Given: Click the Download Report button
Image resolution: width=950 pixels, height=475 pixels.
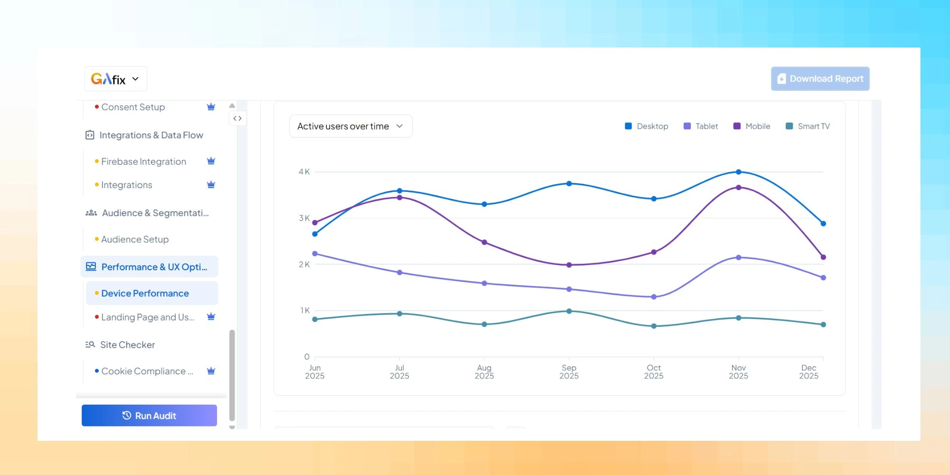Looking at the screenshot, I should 820,79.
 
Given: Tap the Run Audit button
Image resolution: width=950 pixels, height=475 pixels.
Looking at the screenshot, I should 149,416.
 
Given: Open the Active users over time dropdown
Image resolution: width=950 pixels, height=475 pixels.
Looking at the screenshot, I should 351,126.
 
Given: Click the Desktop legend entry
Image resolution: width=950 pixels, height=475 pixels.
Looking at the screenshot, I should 646,126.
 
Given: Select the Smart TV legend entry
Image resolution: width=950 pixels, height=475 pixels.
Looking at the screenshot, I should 807,126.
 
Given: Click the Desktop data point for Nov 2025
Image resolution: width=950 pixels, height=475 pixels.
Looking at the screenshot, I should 738,172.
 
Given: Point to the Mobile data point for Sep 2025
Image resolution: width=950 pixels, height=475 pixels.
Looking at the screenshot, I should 569,265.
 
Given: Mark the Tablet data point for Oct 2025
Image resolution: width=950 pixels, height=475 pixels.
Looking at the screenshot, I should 654,297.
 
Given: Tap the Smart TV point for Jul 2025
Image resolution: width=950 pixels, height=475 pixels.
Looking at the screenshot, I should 399,313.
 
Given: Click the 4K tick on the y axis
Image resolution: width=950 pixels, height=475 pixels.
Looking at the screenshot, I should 304,172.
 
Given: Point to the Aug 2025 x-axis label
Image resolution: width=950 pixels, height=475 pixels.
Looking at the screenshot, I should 484,372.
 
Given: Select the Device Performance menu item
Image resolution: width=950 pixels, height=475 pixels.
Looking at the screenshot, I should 145,294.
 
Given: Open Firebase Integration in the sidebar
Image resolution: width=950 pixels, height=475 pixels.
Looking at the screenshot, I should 143,161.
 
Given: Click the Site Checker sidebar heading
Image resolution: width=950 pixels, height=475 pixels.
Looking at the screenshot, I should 127,345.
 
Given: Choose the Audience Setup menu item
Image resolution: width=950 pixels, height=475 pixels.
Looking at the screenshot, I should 135,239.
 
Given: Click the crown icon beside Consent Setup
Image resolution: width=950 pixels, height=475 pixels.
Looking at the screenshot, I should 211,107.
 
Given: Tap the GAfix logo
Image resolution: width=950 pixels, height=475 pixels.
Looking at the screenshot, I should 108,79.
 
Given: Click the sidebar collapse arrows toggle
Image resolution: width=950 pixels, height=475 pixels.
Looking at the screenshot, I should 237,118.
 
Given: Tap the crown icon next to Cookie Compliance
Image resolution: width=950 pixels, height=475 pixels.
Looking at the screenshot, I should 211,371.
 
